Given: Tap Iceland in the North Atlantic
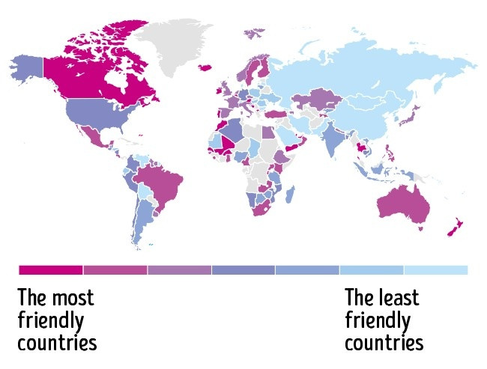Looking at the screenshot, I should point(205,67).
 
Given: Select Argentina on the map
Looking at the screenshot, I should point(142,217).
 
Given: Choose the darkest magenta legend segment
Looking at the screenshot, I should point(50,269).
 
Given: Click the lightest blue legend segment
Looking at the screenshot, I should point(435,269).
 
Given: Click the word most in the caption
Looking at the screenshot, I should point(73,297).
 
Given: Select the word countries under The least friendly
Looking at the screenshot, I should point(384,343).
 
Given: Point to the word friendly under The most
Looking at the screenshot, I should point(50,320).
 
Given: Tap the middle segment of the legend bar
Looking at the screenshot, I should point(243,269).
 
